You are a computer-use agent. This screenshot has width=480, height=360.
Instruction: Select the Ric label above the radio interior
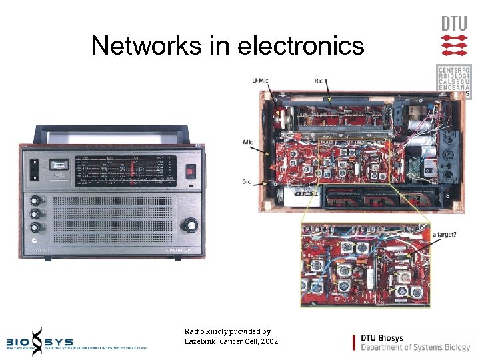319,81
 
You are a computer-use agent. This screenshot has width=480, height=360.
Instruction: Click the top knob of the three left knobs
34,199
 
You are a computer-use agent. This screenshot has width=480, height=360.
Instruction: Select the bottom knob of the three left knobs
34,228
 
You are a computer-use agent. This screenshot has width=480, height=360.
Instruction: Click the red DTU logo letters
454,23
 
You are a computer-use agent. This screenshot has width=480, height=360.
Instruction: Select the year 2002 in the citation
267,341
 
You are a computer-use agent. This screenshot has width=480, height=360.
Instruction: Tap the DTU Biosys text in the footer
381,338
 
